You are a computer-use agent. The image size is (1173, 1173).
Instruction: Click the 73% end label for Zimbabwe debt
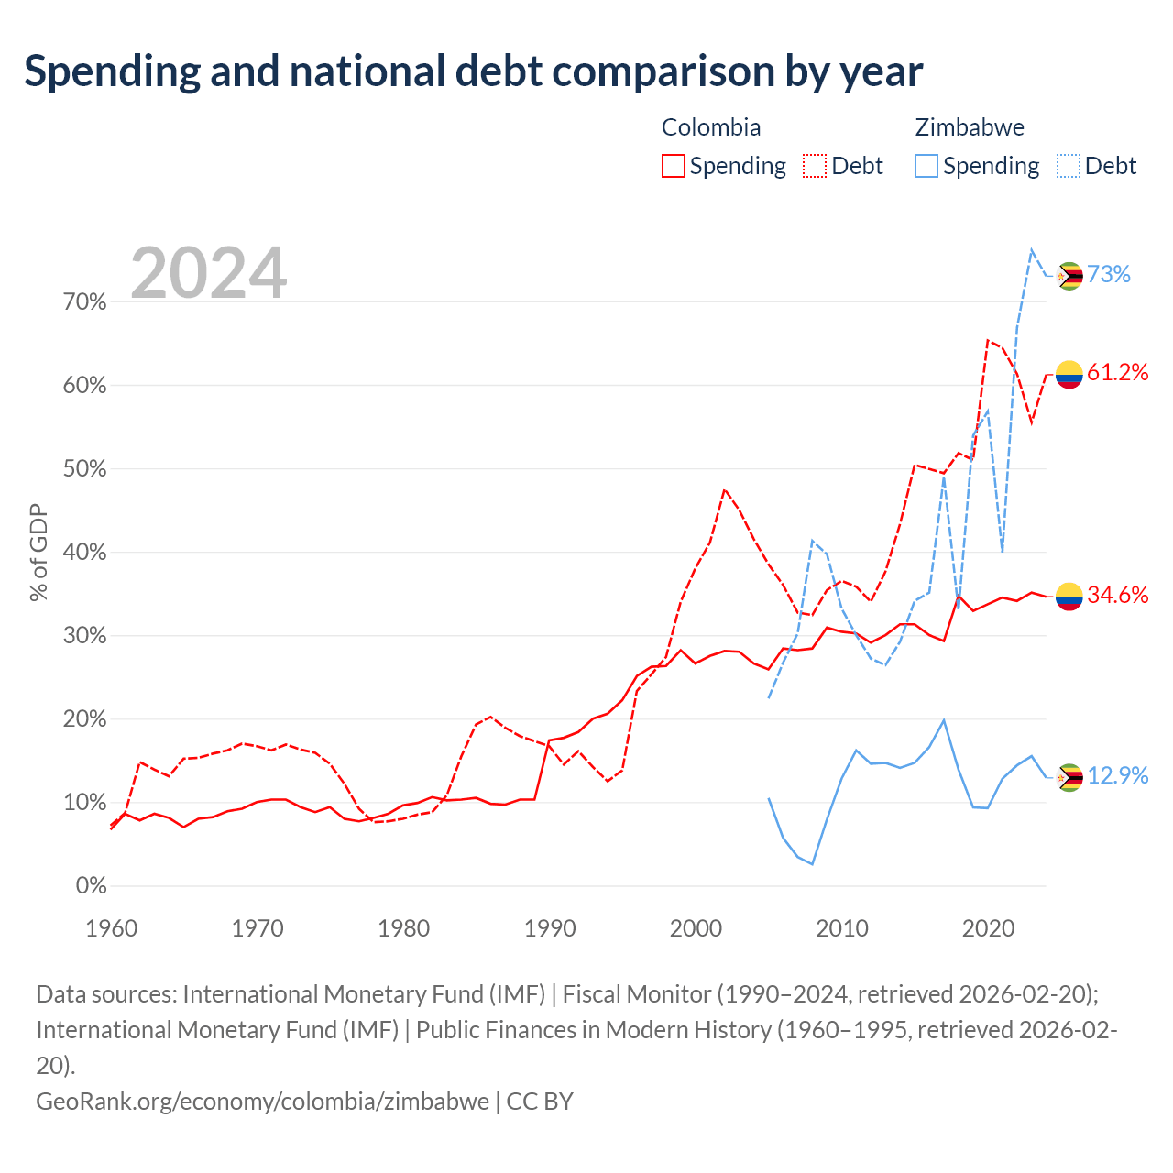pos(1109,275)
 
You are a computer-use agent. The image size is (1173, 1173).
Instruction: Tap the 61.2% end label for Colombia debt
pos(1118,372)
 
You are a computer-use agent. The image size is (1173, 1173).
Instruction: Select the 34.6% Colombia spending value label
pos(1118,595)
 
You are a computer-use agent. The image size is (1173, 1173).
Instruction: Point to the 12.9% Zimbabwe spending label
pos(1118,775)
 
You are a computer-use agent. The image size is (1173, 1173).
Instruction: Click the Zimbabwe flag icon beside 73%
pos(1069,276)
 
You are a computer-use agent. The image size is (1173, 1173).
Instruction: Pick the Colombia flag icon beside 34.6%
pos(1069,597)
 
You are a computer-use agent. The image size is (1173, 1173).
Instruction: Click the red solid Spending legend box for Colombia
pos(674,166)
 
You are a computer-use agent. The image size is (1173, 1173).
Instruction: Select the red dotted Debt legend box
pos(815,166)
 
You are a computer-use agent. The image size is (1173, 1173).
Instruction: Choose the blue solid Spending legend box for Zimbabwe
pos(926,166)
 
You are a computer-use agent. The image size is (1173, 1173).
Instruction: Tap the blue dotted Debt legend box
pos(1069,166)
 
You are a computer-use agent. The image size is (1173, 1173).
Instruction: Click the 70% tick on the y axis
pos(84,301)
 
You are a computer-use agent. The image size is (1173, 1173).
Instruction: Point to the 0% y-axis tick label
pos(92,885)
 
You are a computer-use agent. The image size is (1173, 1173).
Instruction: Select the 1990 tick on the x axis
pos(550,929)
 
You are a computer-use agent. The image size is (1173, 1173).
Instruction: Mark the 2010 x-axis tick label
pos(842,929)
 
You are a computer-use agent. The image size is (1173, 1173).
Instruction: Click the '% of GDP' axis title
pos(38,553)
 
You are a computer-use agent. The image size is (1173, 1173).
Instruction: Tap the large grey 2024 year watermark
pos(208,272)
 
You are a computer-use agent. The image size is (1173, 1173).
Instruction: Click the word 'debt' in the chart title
pos(499,71)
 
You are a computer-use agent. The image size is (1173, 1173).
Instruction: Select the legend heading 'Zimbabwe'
pos(970,127)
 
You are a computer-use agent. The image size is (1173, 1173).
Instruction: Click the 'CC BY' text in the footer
pos(540,1102)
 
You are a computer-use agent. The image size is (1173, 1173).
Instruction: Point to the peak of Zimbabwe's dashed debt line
pos(1031,249)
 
